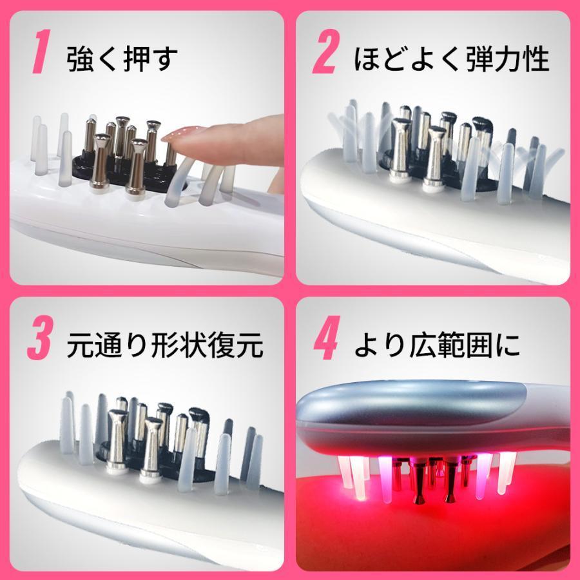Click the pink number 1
point(40,56)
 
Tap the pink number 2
point(325,56)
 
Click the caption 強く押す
point(122,59)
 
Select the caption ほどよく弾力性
point(452,59)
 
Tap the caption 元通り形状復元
point(165,345)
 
